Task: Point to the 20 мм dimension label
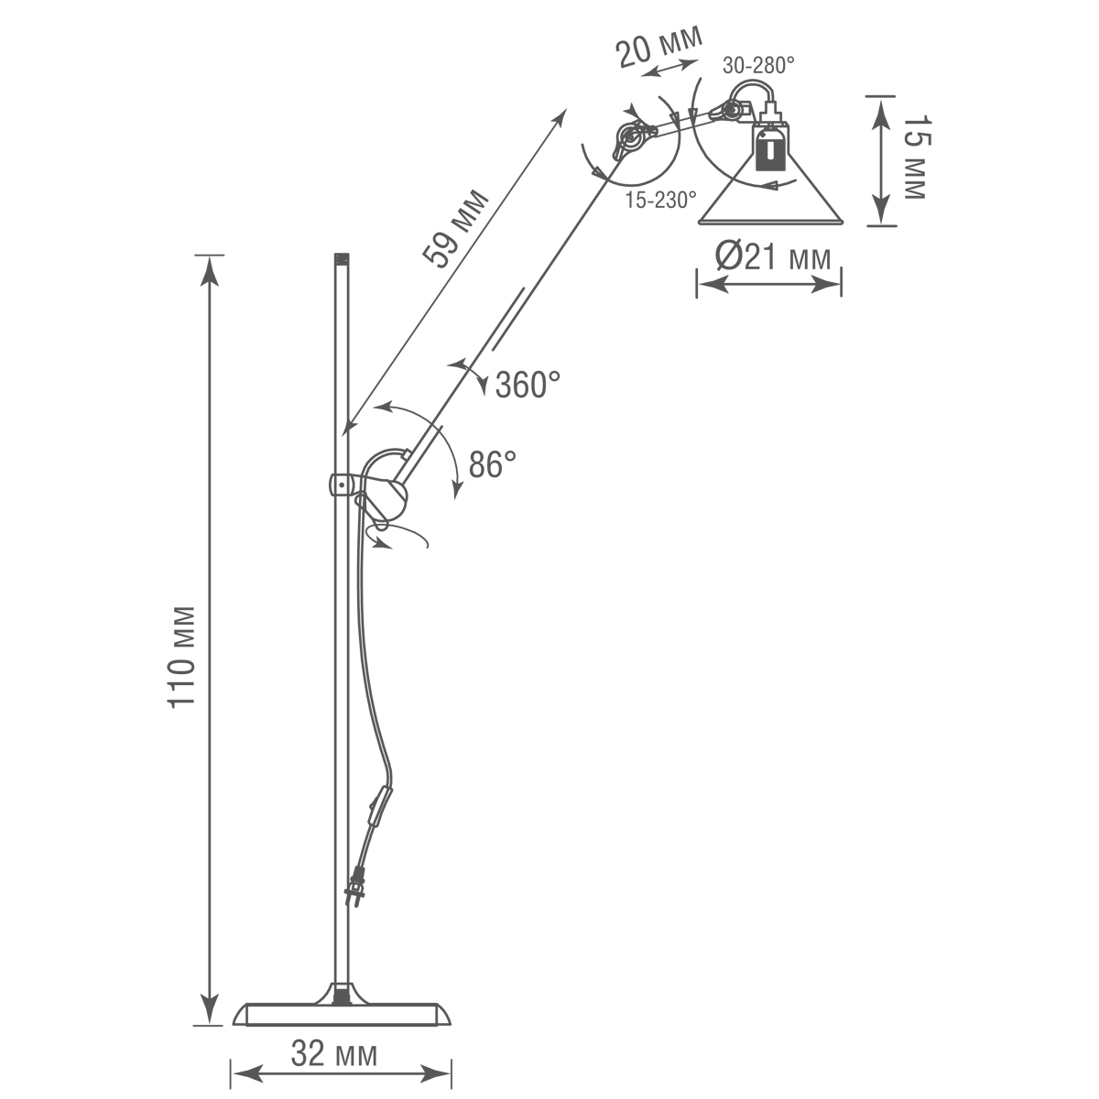pos(659,46)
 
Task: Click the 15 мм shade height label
pos(913,158)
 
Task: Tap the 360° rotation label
pos(528,384)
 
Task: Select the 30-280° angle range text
pos(758,66)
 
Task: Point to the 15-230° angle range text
pos(660,199)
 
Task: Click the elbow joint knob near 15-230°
pos(630,137)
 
